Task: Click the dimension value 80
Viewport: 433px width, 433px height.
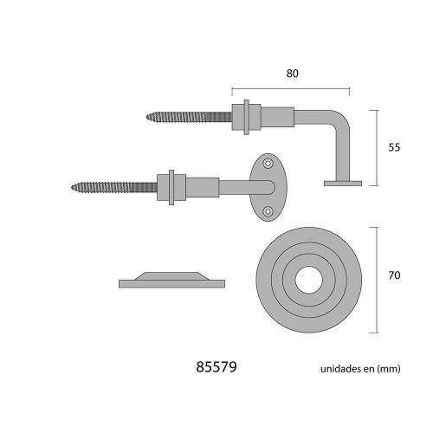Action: point(292,74)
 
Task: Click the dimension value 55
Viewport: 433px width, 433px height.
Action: point(394,147)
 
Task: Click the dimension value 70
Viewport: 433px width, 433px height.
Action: point(394,277)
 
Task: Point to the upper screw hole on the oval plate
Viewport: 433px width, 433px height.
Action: point(268,163)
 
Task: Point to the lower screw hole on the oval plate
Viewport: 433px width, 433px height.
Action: point(268,210)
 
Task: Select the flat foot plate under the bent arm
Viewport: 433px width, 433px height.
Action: point(342,183)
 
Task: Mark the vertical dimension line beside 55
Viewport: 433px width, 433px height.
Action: point(374,147)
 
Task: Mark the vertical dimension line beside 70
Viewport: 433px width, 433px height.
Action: point(374,279)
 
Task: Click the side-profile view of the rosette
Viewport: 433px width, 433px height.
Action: point(171,279)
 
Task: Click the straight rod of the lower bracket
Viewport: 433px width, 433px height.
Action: point(234,185)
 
